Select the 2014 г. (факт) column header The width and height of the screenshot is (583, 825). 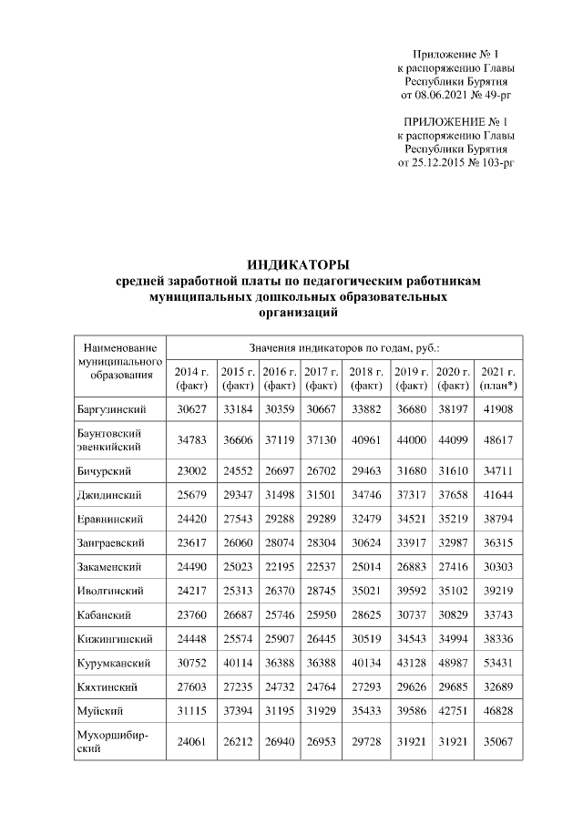tap(191, 378)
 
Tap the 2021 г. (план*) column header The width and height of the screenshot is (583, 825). tap(498, 378)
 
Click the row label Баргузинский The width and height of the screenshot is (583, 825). tap(111, 408)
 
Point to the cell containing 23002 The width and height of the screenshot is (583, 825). tap(191, 470)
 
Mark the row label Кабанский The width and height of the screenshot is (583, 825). tap(103, 613)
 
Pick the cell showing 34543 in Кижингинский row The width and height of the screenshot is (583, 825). tap(411, 636)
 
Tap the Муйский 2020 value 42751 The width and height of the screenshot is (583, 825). tap(453, 707)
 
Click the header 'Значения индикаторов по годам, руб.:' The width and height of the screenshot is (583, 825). tap(345, 347)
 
